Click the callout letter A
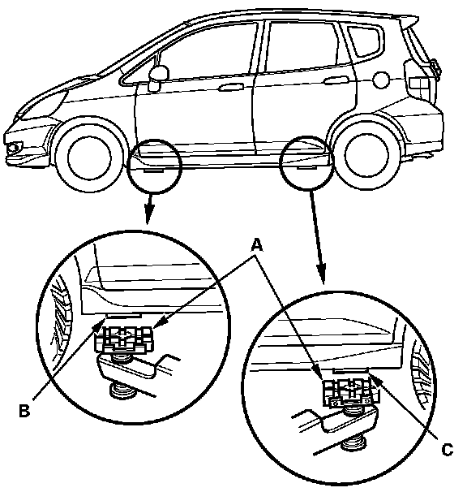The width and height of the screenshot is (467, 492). click(x=257, y=245)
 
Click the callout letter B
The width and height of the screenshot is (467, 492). click(x=24, y=410)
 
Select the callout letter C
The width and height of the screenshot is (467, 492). click(x=448, y=450)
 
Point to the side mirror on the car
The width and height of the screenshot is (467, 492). click(x=158, y=77)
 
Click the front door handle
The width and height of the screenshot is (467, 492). click(x=231, y=87)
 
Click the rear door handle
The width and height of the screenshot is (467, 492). click(x=336, y=80)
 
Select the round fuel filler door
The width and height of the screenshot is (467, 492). click(x=381, y=80)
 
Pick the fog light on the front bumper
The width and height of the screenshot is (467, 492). click(x=14, y=147)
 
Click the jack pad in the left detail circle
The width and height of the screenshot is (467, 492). click(x=124, y=339)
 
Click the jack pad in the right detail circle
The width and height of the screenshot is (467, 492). click(x=351, y=391)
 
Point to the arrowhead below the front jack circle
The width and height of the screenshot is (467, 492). click(x=149, y=214)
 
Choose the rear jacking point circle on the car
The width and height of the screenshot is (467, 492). click(x=307, y=163)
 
